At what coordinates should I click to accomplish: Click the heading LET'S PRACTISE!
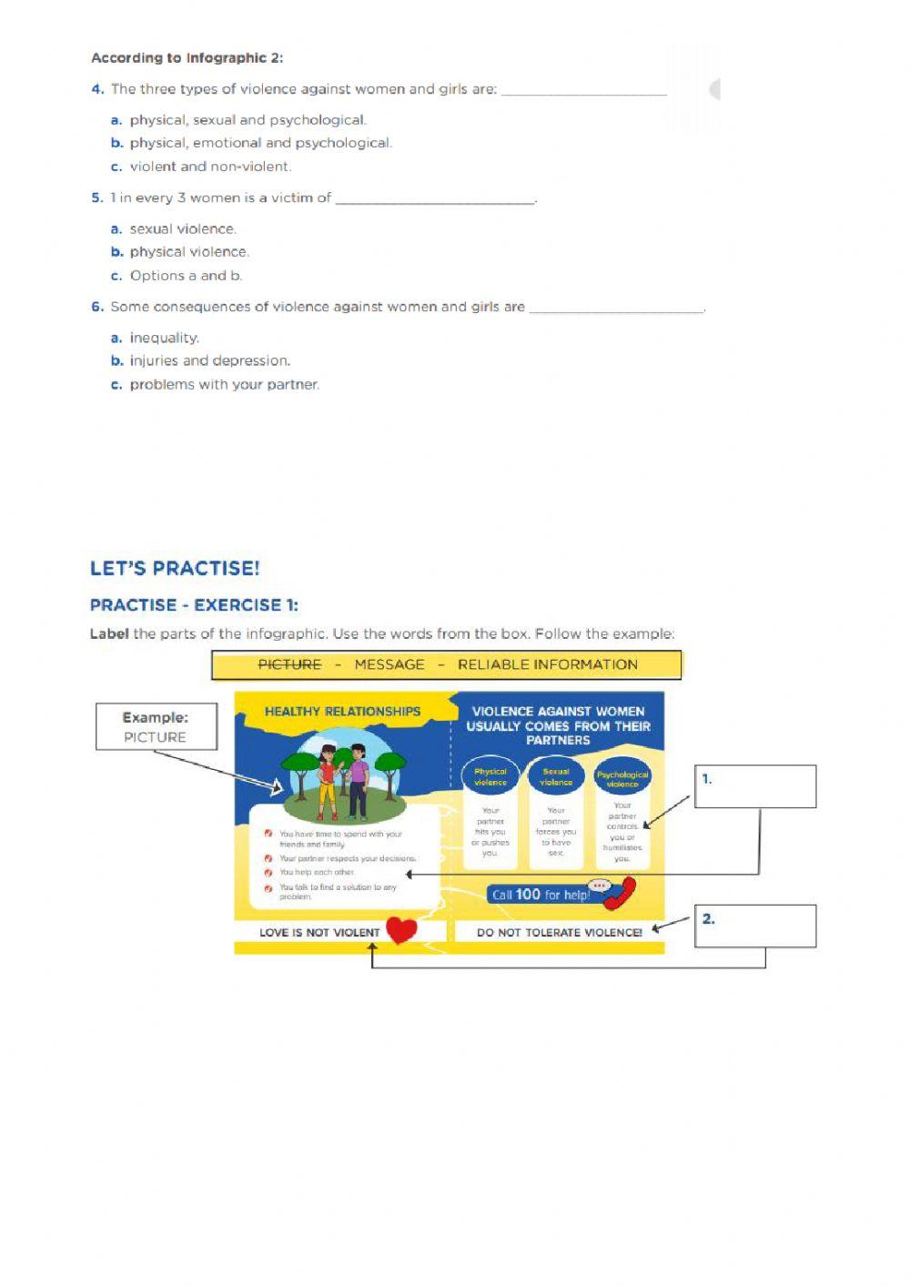pos(175,569)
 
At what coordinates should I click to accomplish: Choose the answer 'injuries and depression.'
pos(209,361)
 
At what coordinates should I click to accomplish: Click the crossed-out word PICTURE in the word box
pos(289,664)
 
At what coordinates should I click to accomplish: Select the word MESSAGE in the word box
pos(389,664)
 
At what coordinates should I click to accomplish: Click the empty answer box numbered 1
pos(755,786)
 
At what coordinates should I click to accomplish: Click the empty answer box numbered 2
pos(755,927)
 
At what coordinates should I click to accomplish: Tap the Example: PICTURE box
pos(156,726)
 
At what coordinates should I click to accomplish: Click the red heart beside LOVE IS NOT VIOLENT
pos(401,929)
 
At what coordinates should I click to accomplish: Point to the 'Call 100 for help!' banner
pos(541,895)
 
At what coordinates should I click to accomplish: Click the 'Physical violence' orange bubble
pos(490,776)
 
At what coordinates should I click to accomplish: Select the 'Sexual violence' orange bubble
pos(556,776)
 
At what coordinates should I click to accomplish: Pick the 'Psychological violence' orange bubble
pos(622,778)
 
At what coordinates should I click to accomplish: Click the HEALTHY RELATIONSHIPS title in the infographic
pos(342,712)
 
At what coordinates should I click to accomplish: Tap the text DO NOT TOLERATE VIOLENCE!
pos(559,932)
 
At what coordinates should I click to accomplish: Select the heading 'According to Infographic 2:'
pos(187,58)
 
